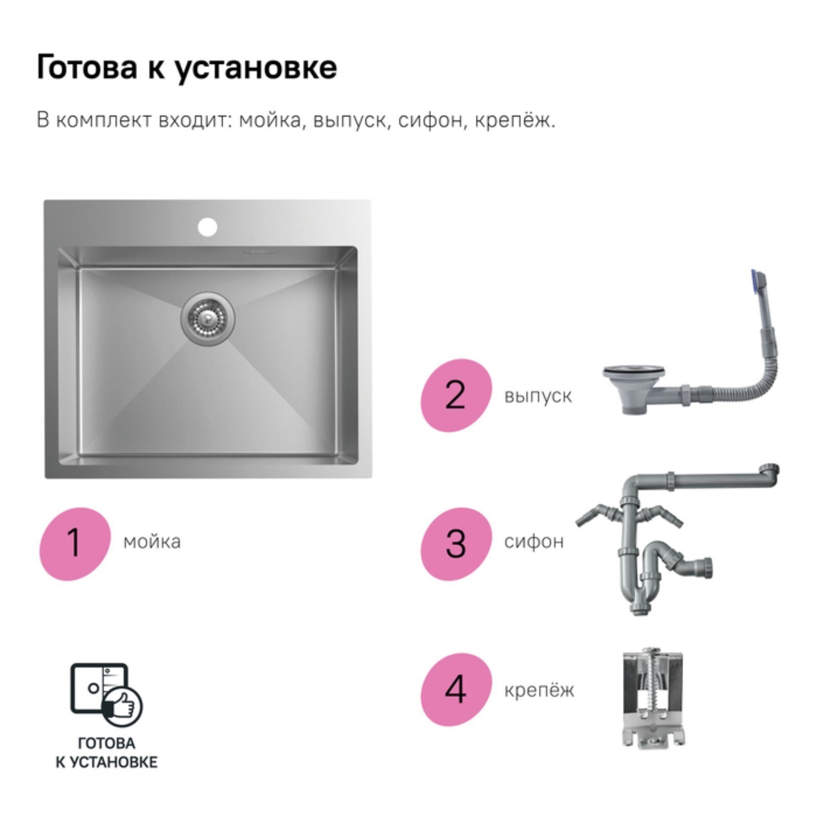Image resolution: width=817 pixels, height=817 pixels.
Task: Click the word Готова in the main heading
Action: point(87,67)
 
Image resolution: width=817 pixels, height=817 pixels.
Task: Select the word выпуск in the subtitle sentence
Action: point(349,122)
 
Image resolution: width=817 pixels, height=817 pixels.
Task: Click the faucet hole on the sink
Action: point(207,227)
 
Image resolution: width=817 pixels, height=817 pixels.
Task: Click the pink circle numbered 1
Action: point(75,543)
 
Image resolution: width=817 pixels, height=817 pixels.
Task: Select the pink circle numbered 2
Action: point(456,395)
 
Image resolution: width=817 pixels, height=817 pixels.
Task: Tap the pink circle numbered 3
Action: point(456,543)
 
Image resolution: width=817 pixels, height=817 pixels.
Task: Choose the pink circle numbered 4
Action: point(456,689)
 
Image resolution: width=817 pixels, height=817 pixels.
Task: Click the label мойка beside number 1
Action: point(152,542)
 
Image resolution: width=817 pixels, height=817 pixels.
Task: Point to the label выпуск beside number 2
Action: point(538,397)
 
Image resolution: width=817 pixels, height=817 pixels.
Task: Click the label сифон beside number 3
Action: point(534,541)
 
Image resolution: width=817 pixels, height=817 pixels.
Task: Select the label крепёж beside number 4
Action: point(539,690)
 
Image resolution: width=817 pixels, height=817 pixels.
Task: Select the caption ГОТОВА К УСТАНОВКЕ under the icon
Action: point(106,753)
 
